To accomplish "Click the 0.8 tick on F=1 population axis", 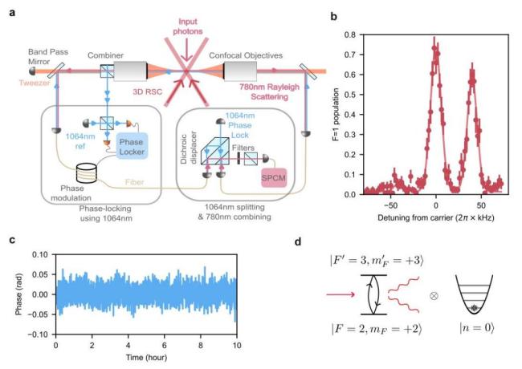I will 351,34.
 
